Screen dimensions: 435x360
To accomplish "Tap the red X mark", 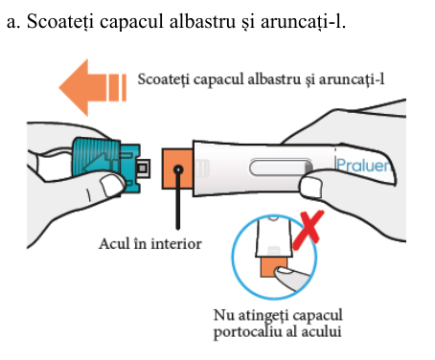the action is coord(309,230).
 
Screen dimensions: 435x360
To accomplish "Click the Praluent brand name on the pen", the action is coord(364,166).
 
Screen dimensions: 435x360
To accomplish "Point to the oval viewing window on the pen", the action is coord(281,168).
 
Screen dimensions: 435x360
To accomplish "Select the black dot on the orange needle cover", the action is coord(178,169).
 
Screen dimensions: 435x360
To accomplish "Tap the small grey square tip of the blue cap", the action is coord(143,169).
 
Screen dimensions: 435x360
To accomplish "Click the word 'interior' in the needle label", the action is coord(176,244).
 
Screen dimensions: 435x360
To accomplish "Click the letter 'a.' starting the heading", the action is coord(13,23).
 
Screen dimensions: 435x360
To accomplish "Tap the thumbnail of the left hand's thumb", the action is coord(112,185).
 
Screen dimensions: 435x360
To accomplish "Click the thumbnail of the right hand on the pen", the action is coord(311,188).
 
